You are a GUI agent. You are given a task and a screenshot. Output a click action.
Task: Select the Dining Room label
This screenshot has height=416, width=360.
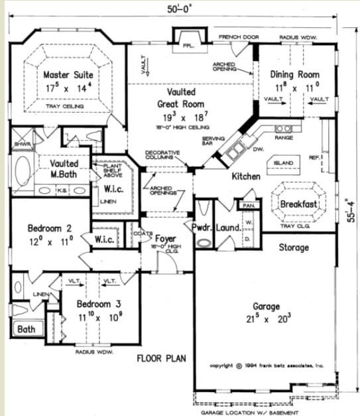point(298,75)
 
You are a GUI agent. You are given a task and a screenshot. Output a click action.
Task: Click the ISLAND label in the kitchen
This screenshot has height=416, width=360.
point(284,162)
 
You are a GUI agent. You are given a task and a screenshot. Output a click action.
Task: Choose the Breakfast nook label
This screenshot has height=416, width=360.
point(300,204)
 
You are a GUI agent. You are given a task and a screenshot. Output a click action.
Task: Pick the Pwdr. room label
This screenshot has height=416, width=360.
point(202,228)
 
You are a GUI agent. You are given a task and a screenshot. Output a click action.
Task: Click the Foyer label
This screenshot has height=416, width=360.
point(165,237)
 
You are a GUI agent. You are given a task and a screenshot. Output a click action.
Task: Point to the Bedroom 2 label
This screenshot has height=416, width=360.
point(50,228)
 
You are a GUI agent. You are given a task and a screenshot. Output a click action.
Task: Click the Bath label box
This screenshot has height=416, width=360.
point(27,329)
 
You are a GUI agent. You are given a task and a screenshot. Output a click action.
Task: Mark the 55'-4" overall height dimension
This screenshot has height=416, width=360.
point(351,208)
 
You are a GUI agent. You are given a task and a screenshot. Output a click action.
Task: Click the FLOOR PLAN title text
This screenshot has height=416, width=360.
point(161,359)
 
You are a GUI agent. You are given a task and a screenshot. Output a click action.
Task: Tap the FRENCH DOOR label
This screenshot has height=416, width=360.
point(236,36)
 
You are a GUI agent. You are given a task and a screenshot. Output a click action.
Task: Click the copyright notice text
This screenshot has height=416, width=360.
point(267,365)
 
